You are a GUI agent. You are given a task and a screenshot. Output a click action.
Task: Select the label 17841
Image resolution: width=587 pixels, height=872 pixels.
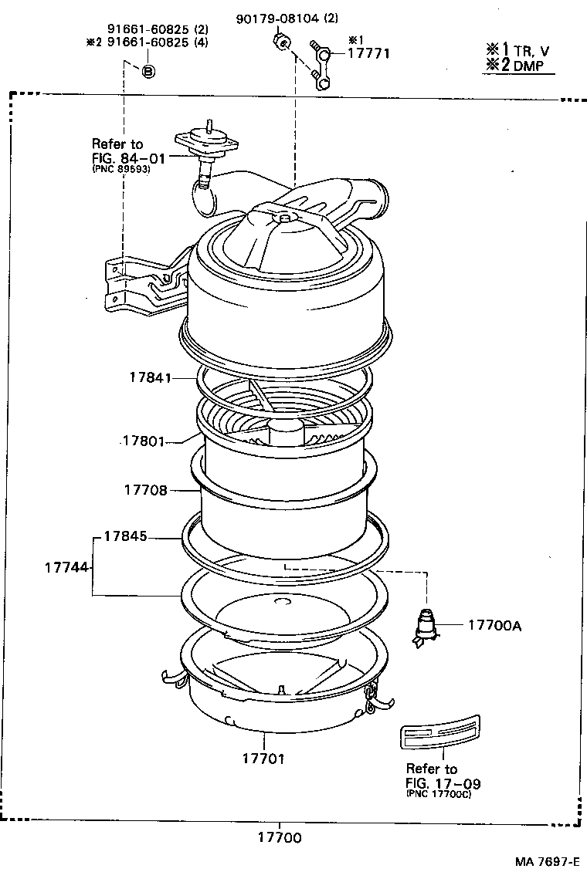click(x=150, y=378)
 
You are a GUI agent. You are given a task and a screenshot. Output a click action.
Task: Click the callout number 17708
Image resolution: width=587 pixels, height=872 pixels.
click(x=144, y=490)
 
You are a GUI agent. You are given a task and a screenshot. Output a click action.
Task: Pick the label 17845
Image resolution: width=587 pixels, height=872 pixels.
click(x=126, y=537)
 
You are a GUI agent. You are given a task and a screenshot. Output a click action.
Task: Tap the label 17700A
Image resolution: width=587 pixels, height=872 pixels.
click(x=494, y=625)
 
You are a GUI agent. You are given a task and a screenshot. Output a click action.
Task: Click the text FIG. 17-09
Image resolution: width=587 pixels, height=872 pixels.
click(x=442, y=782)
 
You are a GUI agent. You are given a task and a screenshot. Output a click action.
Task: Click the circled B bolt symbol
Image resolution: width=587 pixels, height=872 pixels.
click(x=148, y=70)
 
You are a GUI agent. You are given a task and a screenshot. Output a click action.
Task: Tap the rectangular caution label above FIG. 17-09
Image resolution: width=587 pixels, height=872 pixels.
click(x=439, y=736)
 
